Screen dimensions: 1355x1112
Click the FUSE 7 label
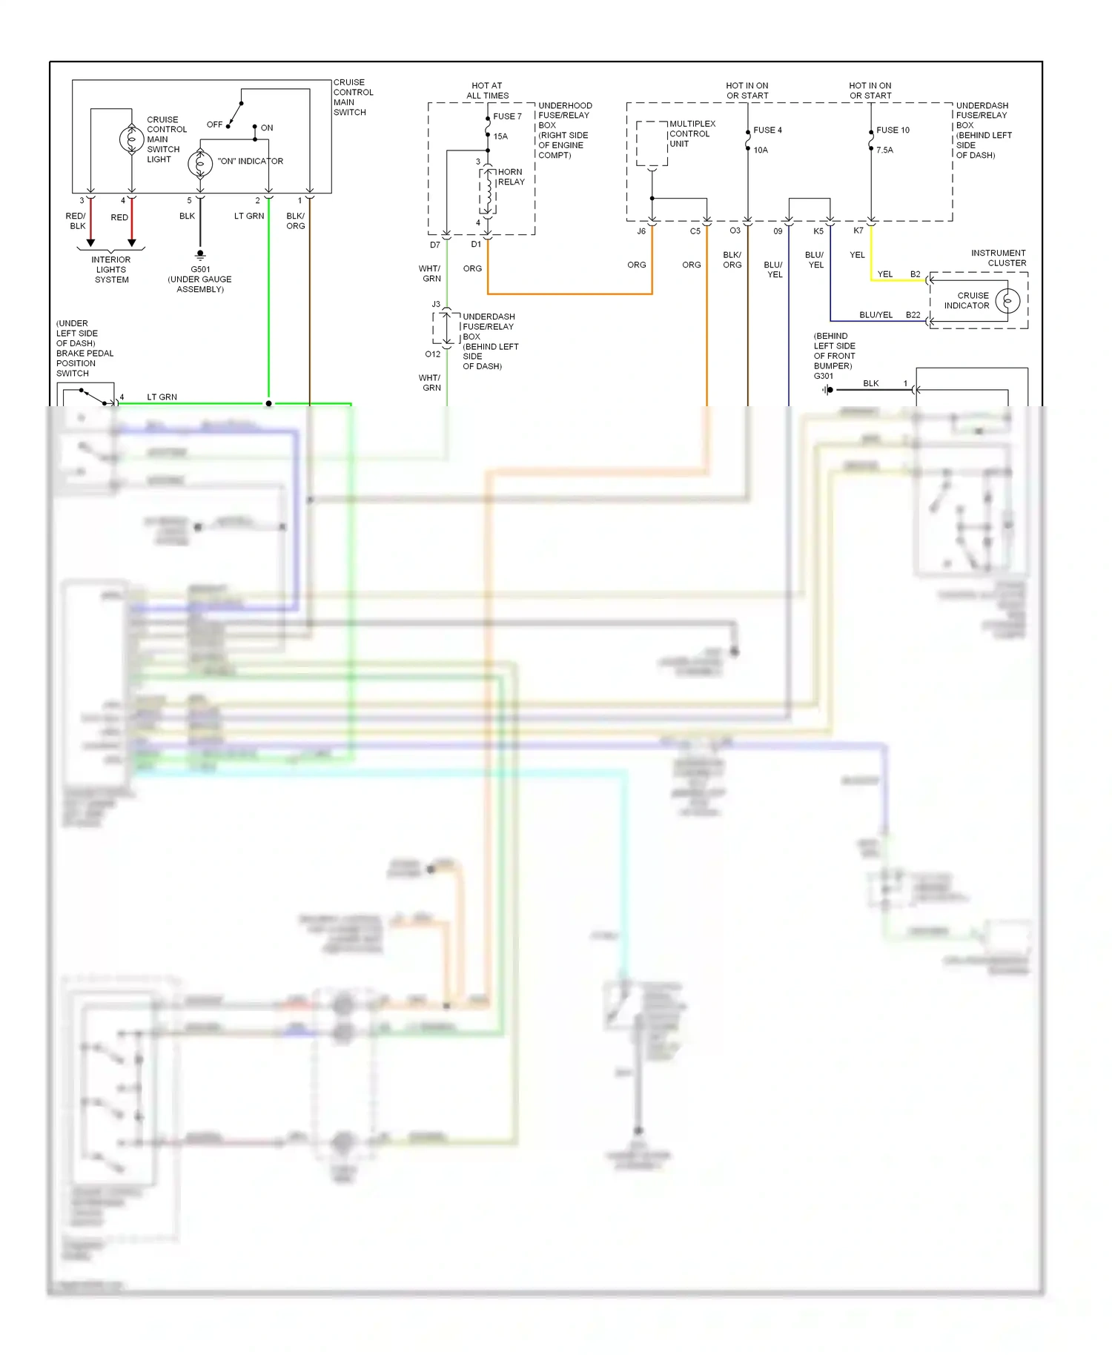[507, 116]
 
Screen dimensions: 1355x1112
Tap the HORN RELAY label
[511, 176]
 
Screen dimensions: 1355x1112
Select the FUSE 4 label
[767, 130]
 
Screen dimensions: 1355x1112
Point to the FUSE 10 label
[893, 130]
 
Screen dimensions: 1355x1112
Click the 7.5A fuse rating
[884, 150]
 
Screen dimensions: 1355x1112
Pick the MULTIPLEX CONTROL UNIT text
[692, 134]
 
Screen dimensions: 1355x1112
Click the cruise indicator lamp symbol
[1007, 300]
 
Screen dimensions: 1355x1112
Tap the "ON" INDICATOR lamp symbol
[200, 163]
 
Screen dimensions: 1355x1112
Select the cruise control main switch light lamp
[132, 139]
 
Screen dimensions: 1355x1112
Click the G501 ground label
[200, 270]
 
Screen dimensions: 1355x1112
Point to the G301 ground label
[824, 376]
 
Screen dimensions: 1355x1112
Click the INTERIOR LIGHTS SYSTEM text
[111, 270]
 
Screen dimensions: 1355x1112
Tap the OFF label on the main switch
[214, 125]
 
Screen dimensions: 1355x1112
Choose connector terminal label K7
[858, 231]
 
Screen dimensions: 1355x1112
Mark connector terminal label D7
[434, 245]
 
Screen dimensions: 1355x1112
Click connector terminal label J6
[641, 231]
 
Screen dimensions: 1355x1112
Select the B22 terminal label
[913, 315]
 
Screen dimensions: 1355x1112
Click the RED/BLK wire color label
[76, 221]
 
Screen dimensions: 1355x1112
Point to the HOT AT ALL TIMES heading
[487, 90]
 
